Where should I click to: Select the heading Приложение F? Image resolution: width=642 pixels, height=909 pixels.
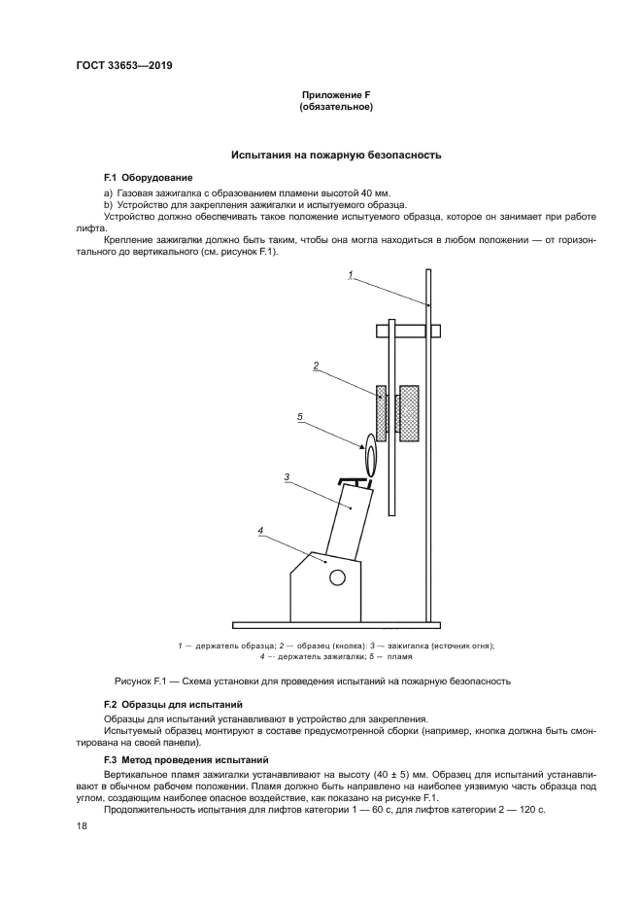336,94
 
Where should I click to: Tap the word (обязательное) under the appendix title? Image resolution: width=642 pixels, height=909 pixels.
336,107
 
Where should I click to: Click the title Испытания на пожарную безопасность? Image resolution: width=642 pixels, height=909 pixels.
336,155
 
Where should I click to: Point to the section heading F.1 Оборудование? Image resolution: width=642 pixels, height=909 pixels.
148,179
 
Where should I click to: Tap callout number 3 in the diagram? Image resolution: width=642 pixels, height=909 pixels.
288,476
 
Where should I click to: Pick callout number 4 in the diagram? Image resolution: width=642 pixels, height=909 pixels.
261,530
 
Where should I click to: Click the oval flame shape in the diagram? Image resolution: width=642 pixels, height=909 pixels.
371,454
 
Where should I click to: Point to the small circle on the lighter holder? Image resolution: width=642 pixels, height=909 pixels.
337,578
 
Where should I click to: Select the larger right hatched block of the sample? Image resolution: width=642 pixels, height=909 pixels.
410,414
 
